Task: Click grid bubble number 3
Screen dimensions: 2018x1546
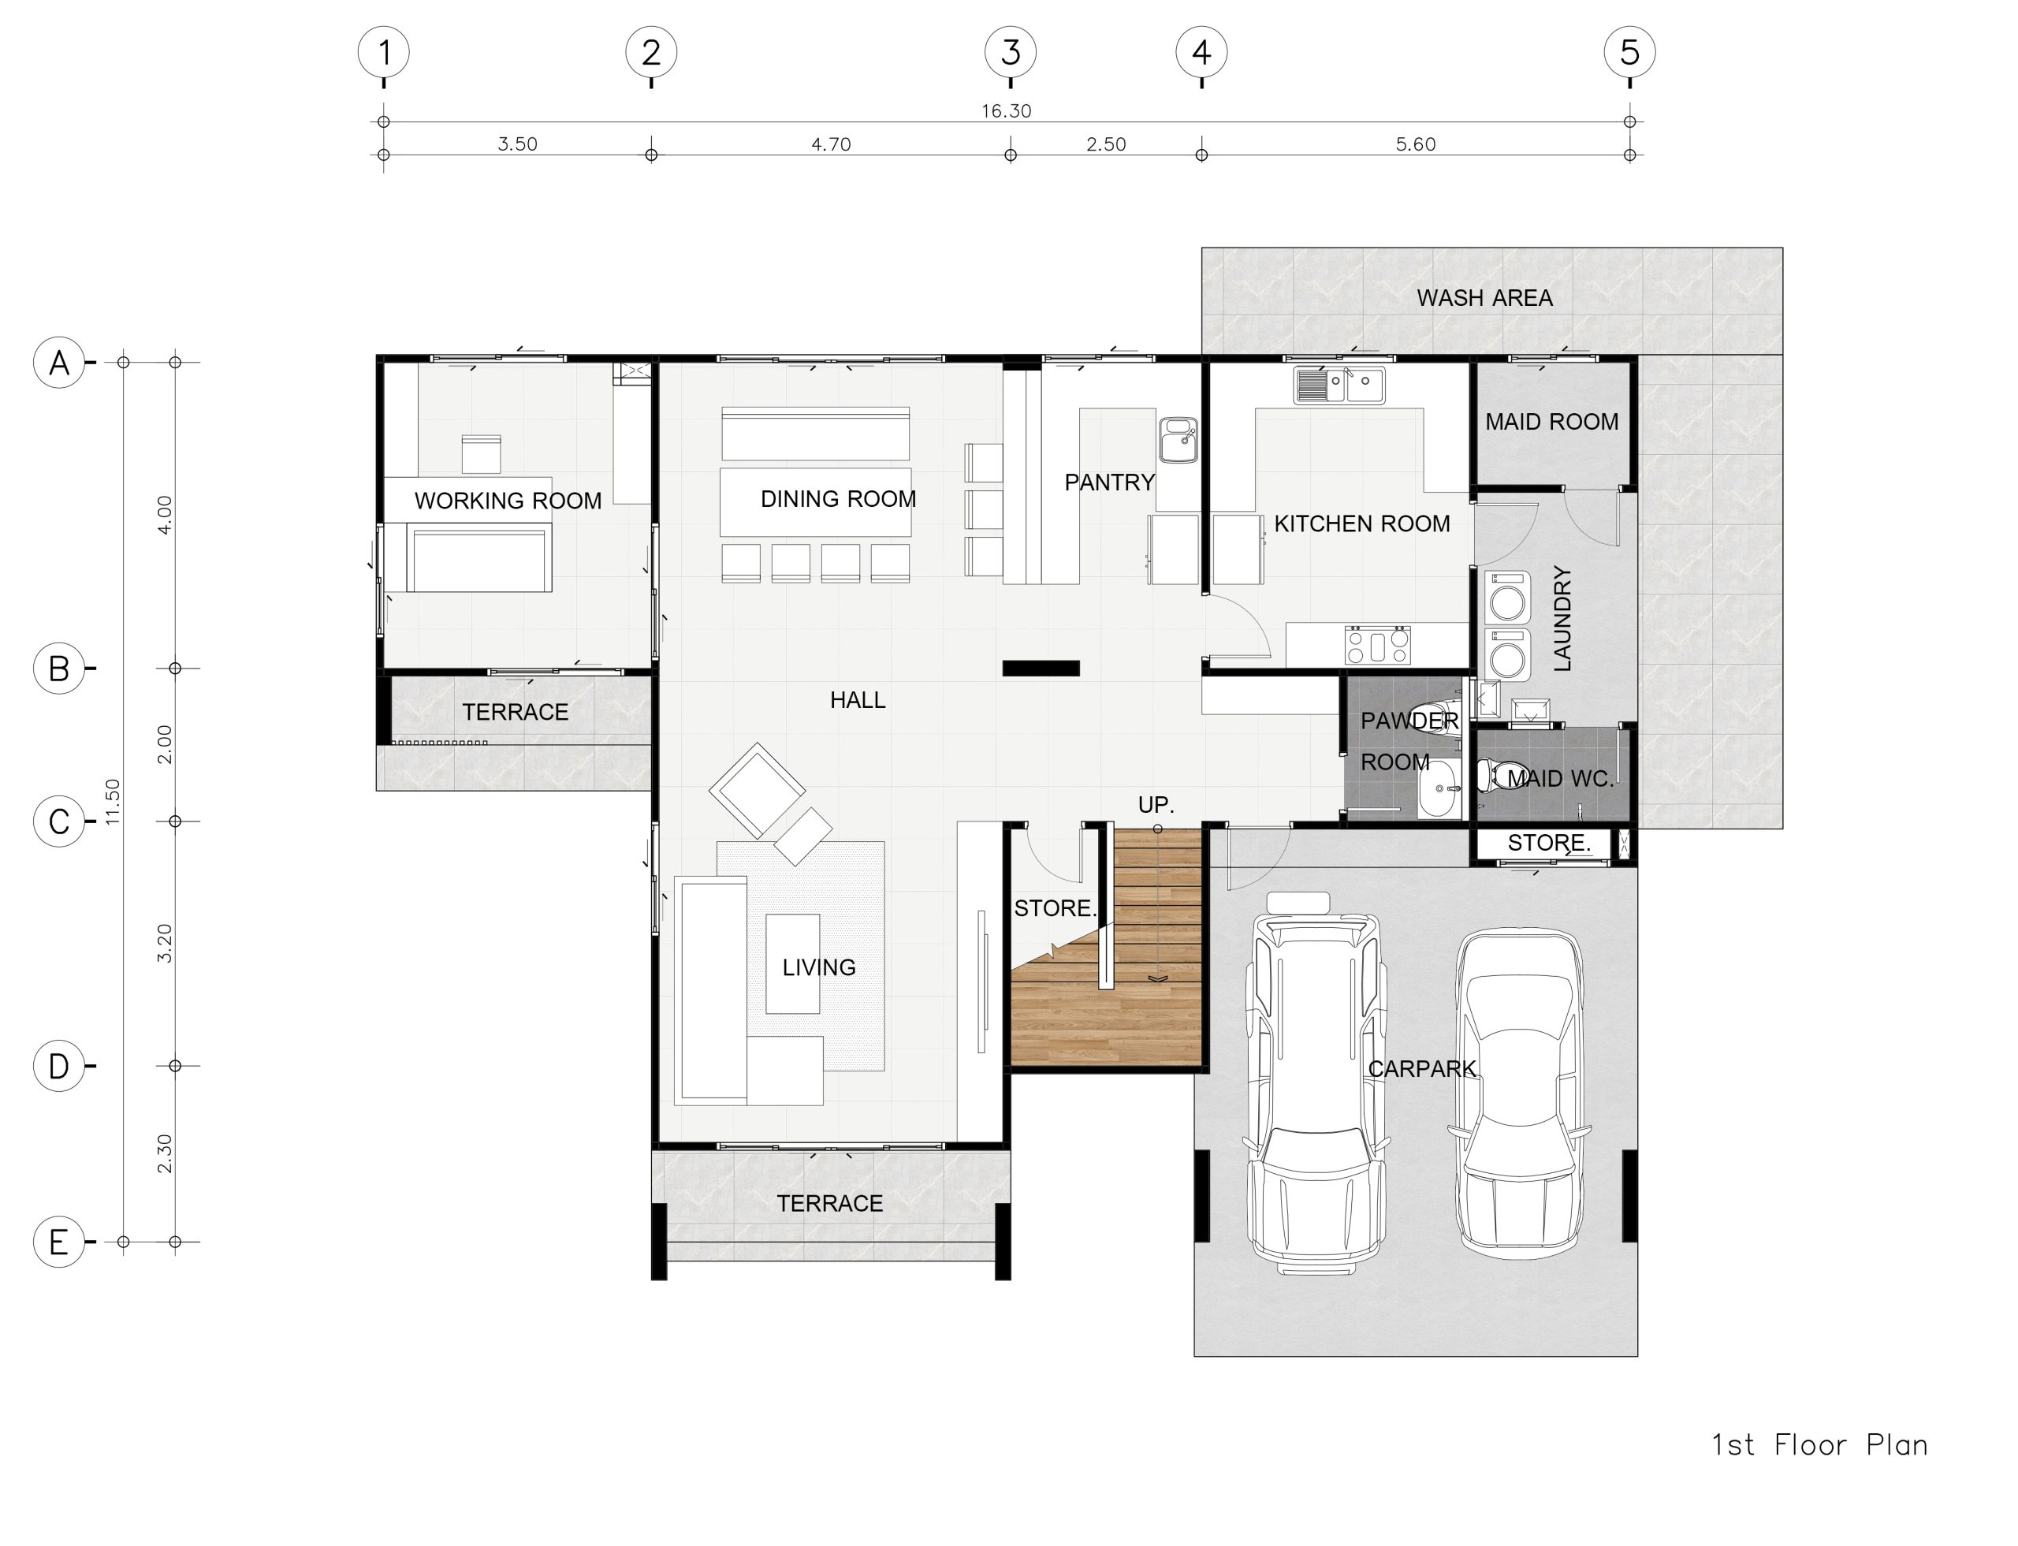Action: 1010,53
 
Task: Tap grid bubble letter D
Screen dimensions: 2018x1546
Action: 59,1066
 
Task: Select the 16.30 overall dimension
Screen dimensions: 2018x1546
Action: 1006,111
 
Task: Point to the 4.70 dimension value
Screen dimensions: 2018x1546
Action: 830,144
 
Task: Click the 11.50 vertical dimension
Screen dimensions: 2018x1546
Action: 112,802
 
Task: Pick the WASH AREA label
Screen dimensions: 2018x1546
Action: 1484,298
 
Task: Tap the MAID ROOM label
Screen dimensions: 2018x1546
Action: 1551,422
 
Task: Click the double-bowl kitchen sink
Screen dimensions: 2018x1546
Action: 1339,386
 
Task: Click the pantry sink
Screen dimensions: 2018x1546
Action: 1178,440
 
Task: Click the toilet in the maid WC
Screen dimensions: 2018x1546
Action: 1502,775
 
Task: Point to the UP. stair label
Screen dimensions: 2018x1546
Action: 1156,805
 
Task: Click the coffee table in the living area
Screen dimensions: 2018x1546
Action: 792,963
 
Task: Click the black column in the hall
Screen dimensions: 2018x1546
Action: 1041,668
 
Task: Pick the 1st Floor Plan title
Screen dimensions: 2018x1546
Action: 1819,1445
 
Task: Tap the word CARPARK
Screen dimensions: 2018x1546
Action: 1422,1068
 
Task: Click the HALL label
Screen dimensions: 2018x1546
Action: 858,700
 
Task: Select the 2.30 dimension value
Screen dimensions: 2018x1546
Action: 165,1153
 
